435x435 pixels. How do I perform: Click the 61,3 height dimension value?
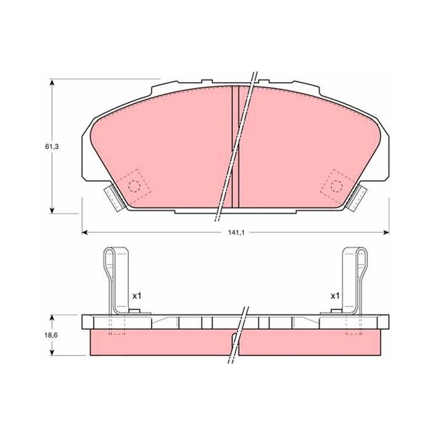click(52, 147)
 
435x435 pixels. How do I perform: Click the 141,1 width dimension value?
click(236, 233)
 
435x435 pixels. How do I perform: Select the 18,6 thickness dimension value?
click(51, 335)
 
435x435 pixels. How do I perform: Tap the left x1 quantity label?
click(136, 296)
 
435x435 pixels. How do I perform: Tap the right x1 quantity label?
click(335, 296)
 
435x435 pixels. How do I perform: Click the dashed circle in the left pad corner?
click(134, 186)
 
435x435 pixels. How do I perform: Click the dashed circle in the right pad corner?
click(337, 186)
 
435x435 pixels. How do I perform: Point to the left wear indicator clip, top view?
click(114, 198)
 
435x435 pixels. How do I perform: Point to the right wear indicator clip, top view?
click(357, 198)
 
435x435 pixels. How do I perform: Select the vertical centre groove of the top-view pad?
click(235, 147)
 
